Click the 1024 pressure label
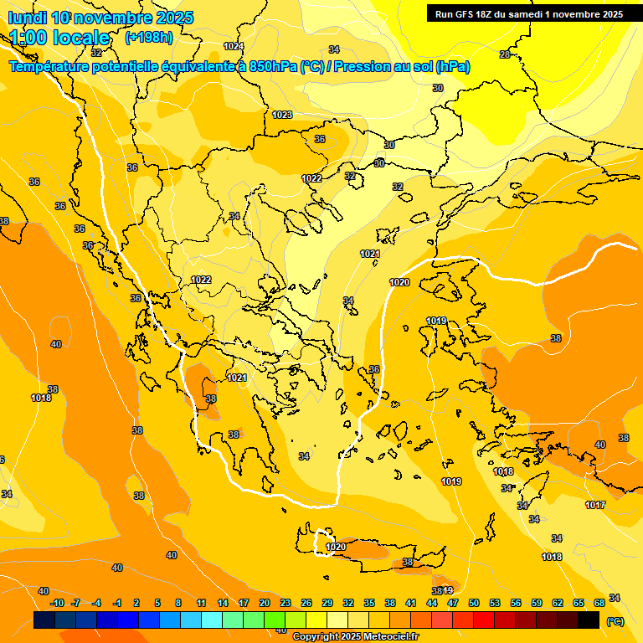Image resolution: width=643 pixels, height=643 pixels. tap(234, 46)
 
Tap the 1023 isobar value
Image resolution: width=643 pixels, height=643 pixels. tap(282, 115)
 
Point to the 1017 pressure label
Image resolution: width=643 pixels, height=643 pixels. tap(595, 505)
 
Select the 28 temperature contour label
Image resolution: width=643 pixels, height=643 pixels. tap(505, 54)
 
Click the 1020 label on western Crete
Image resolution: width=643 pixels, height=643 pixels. tap(336, 547)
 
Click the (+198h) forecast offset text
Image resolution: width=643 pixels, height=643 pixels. tap(148, 38)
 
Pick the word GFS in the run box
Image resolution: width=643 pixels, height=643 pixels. tap(466, 14)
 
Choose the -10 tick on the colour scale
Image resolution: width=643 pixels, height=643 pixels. tap(57, 603)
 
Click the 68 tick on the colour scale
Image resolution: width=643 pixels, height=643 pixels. tap(599, 603)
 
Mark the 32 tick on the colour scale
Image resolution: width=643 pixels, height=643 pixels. tap(347, 603)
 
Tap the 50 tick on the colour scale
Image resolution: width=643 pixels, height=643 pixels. tap(474, 603)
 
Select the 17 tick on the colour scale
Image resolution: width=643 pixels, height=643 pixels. tap(244, 603)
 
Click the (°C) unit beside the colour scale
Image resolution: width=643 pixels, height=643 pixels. tap(615, 621)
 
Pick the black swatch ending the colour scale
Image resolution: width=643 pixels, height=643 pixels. tap(589, 620)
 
